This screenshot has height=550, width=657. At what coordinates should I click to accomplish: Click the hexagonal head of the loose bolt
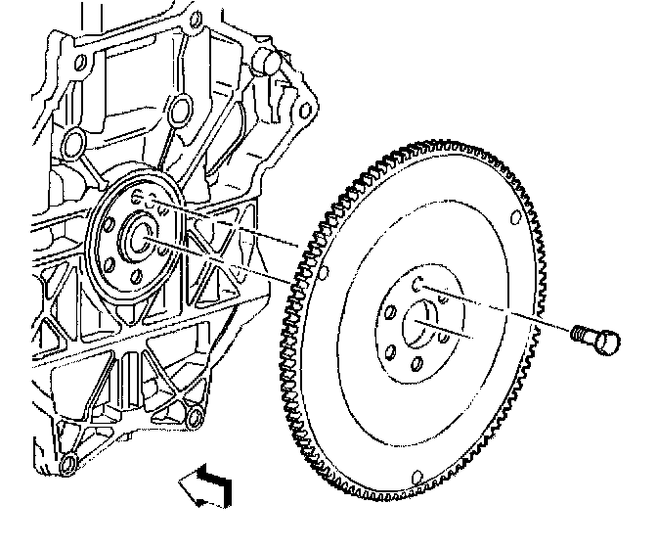click(607, 343)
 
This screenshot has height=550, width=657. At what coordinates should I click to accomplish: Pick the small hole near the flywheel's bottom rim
click(417, 477)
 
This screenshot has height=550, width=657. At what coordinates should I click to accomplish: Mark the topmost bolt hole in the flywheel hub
click(417, 284)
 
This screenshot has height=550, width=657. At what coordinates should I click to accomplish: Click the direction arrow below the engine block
click(206, 483)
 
